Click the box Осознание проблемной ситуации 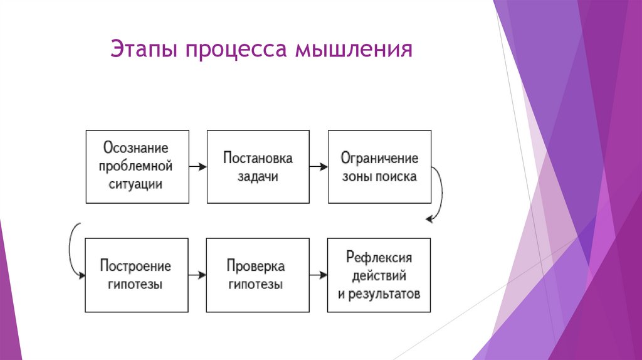[137, 166]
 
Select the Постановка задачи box [258, 166]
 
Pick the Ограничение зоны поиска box [379, 166]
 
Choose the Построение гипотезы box [137, 275]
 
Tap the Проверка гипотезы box [258, 275]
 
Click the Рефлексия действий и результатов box [379, 275]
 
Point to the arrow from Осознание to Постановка [197, 167]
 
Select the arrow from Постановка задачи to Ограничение [318, 167]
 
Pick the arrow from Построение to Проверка [197, 275]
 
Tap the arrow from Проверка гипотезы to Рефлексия [318, 275]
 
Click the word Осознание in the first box [136, 149]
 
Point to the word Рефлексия [379, 257]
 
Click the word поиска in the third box [396, 176]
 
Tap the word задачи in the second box [258, 176]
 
